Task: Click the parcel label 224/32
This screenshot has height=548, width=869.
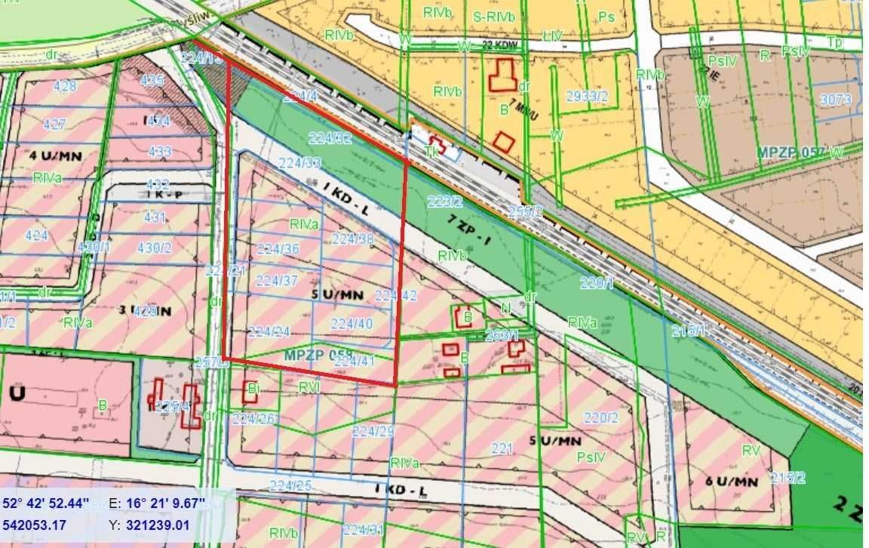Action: click(x=330, y=138)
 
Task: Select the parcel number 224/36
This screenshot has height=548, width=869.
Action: click(x=278, y=249)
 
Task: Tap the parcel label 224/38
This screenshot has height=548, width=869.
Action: click(x=352, y=239)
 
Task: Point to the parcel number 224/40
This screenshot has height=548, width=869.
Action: click(x=352, y=323)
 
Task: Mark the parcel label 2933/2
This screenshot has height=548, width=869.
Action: click(x=587, y=94)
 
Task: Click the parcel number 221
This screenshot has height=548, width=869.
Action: click(x=502, y=448)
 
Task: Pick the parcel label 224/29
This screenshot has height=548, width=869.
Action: click(x=373, y=431)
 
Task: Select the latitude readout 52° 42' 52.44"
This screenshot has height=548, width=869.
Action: click(x=46, y=503)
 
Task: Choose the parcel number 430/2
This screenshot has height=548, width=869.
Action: click(x=154, y=247)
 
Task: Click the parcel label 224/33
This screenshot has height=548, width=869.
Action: click(x=299, y=162)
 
